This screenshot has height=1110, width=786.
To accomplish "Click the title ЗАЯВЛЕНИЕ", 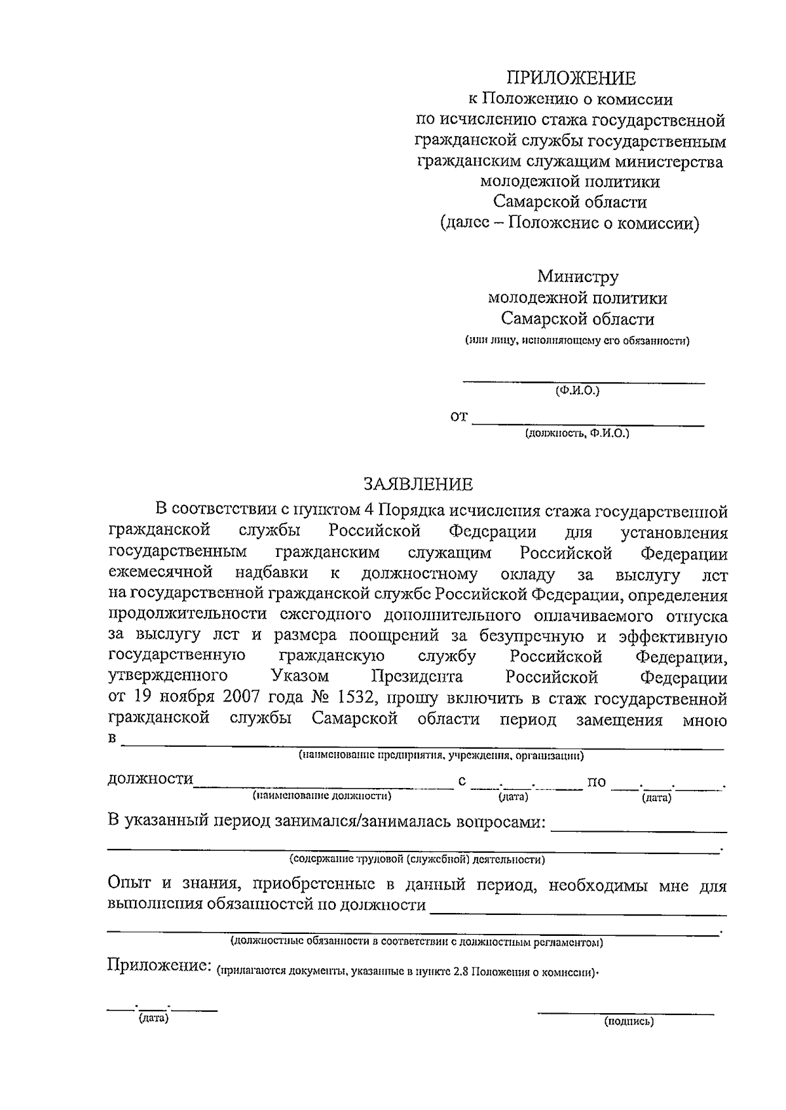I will [418, 484].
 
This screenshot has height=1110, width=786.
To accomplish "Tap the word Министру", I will [578, 277].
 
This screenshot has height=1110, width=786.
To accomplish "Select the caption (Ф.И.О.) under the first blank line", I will [577, 391].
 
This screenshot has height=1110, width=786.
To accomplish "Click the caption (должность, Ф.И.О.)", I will [576, 433].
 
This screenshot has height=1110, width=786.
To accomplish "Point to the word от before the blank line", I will [459, 416].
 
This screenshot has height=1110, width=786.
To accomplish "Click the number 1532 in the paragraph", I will [356, 699].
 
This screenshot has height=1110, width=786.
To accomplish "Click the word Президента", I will [417, 676].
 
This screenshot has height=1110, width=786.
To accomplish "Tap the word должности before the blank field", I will [150, 779].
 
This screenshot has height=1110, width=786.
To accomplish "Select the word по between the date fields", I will [597, 782].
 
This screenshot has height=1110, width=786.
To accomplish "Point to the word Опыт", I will [129, 884].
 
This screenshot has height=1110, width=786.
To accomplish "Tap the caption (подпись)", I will [629, 1020].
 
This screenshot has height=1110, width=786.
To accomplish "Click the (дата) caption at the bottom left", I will [154, 1019].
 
